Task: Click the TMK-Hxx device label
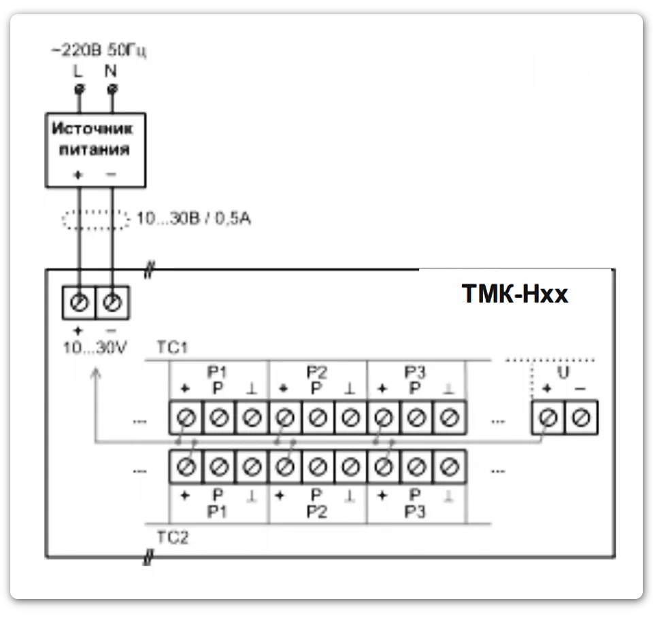tap(515, 294)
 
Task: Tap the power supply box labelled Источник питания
tap(95, 150)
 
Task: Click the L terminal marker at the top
tap(78, 88)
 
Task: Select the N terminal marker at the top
tap(112, 88)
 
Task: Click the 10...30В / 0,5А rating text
tap(194, 220)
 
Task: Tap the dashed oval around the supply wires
tap(95, 220)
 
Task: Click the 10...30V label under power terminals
tap(95, 347)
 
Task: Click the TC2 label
tap(172, 537)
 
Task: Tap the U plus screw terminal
tap(548, 418)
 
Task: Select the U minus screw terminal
tap(581, 418)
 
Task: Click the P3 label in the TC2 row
tap(415, 511)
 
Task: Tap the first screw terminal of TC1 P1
tap(186, 418)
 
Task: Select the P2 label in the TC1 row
tap(316, 372)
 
